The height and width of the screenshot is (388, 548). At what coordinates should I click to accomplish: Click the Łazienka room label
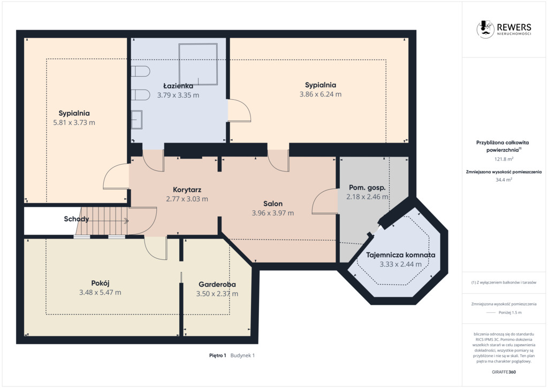(178, 86)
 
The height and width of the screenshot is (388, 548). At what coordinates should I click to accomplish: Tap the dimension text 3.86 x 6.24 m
(321, 94)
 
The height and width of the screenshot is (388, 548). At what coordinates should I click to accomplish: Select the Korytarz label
(187, 190)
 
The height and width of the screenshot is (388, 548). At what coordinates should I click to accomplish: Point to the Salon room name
(273, 204)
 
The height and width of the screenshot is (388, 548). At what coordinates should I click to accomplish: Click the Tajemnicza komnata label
(400, 255)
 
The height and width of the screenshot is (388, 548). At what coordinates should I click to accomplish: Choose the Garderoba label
(217, 285)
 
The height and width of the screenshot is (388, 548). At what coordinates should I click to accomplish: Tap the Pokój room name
(100, 283)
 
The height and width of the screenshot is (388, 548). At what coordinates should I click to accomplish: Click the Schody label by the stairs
(76, 219)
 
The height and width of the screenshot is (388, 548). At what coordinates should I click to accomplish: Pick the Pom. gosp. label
(367, 188)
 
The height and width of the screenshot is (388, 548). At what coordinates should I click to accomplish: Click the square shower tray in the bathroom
(198, 64)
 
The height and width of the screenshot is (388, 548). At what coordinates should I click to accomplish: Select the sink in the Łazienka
(136, 120)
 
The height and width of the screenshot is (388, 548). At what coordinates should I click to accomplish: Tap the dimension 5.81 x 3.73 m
(74, 122)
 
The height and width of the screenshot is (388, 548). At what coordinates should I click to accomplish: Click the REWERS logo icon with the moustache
(485, 29)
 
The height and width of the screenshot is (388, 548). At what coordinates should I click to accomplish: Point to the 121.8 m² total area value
(504, 159)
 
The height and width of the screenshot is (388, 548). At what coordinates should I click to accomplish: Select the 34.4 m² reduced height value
(504, 180)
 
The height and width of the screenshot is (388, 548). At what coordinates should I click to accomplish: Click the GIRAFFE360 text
(504, 372)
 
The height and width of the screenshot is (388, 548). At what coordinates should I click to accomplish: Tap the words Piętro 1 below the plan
(218, 355)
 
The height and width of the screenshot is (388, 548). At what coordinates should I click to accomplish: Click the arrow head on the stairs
(126, 221)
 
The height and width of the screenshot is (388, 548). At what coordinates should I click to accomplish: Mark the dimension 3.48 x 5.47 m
(100, 293)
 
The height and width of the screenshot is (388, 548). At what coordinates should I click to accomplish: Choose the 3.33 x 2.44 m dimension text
(400, 265)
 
